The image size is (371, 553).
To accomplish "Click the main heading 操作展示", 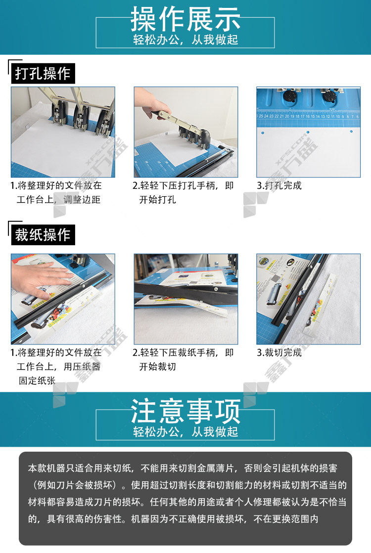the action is pyautogui.click(x=185, y=19).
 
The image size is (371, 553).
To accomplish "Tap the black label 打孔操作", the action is pyautogui.click(x=43, y=73).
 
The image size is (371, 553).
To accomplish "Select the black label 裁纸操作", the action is pyautogui.click(x=43, y=235).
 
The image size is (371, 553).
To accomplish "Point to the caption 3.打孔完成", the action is pyautogui.click(x=279, y=185).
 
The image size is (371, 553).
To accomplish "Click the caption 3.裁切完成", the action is pyautogui.click(x=279, y=352).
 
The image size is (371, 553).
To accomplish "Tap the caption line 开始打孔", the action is pyautogui.click(x=157, y=200).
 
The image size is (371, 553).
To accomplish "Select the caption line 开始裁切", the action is pyautogui.click(x=157, y=366).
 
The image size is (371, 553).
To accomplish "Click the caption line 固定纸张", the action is pyautogui.click(x=37, y=381).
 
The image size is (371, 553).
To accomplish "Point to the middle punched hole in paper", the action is pyautogui.click(x=308, y=132).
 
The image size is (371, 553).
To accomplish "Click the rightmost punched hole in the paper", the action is pyautogui.click(x=351, y=131).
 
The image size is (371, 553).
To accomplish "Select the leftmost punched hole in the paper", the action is pyautogui.click(x=263, y=133).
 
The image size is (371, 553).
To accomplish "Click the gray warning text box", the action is pyautogui.click(x=185, y=498).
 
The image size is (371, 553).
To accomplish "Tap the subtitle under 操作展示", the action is pyautogui.click(x=185, y=40).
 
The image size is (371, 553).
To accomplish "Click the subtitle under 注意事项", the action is pyautogui.click(x=185, y=432).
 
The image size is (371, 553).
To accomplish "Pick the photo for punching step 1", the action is pyautogui.click(x=63, y=132).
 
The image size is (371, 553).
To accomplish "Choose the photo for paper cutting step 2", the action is pyautogui.click(x=185, y=298).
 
